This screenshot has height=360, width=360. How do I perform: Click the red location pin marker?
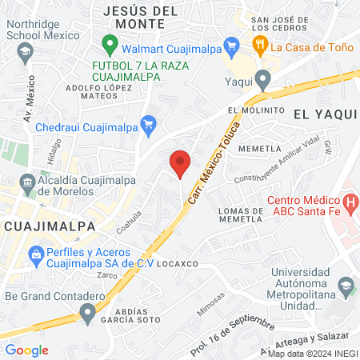click(x=180, y=162)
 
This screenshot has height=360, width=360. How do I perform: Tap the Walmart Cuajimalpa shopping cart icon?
click(x=232, y=45)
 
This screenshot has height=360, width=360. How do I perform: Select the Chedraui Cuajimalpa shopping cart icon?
click(x=147, y=122)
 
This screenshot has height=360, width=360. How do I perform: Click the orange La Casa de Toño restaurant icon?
click(x=259, y=45)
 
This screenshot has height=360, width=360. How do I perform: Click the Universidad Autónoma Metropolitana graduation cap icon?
click(x=346, y=286)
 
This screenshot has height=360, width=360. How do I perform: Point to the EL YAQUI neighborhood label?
click(x=330, y=114)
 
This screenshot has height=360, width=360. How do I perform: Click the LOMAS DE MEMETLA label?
click(x=241, y=214)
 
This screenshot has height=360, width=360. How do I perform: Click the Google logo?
click(x=26, y=350)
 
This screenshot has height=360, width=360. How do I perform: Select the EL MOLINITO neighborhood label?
click(x=256, y=110)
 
